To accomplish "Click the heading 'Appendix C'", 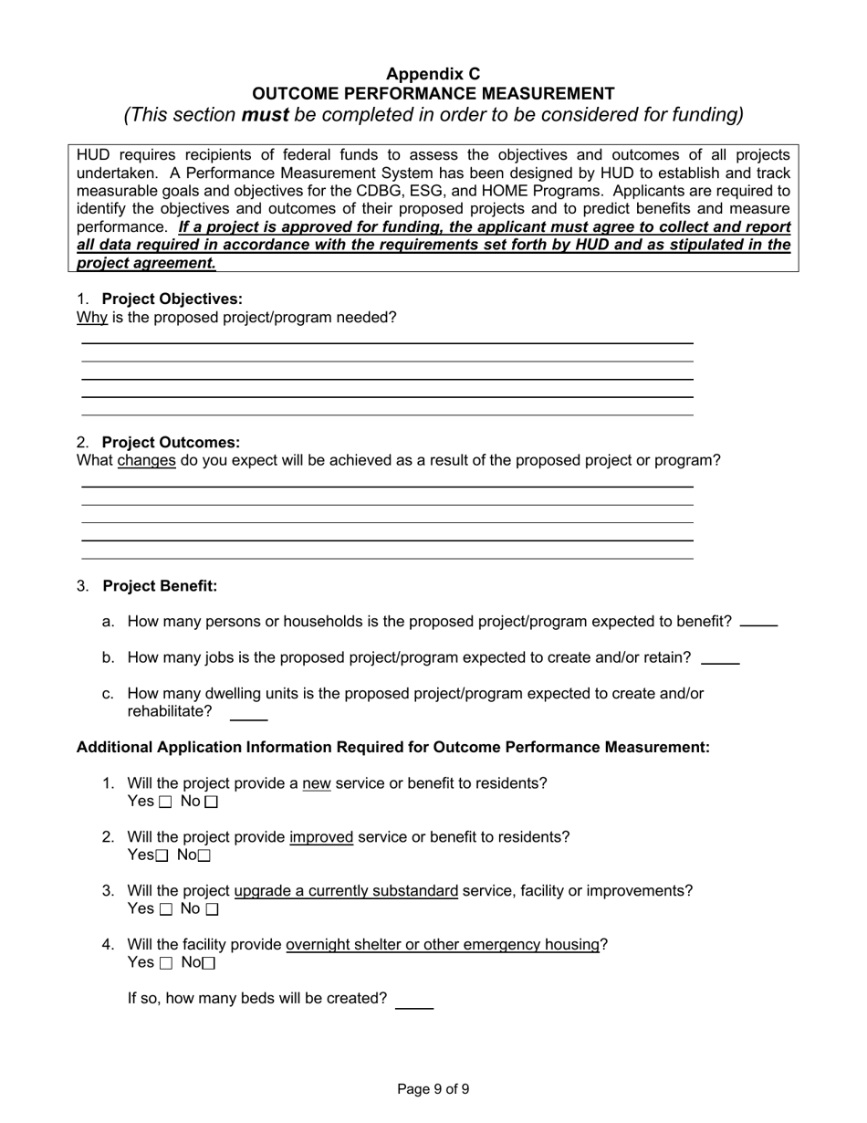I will point(433,74).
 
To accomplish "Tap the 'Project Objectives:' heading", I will point(172,299).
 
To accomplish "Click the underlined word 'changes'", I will point(146,461).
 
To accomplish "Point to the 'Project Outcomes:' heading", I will point(172,443).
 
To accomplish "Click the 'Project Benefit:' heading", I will point(160,586).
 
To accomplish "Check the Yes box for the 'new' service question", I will point(165,803).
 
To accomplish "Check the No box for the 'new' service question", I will point(212,803).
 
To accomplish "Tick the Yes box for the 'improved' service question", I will point(162,856).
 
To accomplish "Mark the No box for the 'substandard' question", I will point(212,910).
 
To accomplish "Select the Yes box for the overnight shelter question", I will point(165,964).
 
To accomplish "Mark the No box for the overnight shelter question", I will point(209,964).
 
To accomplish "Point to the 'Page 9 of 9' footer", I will point(433,1089).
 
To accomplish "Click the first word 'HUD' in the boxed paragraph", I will point(92,154).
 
